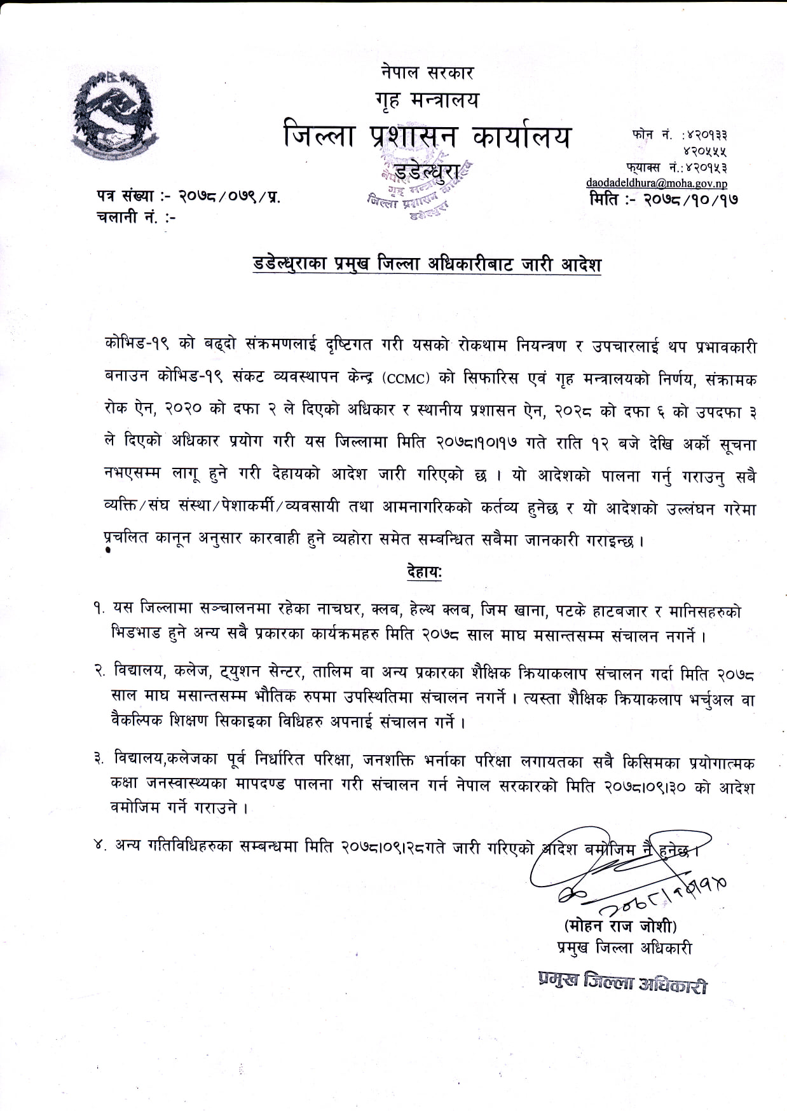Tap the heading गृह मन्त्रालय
[427, 100]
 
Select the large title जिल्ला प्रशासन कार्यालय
[427, 137]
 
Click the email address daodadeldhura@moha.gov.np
[657, 183]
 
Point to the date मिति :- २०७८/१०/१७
[664, 199]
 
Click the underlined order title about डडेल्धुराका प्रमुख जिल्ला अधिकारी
[427, 264]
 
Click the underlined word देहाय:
[424, 571]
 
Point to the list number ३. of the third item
[99, 759]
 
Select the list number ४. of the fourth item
[99, 846]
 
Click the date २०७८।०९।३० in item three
[647, 787]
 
